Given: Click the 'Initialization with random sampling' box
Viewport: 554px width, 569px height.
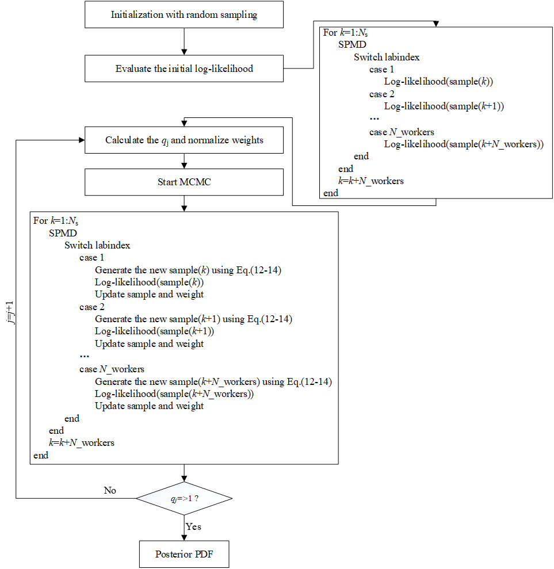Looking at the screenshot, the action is pos(184,14).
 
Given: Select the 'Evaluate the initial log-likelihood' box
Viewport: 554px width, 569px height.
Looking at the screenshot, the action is pos(184,68).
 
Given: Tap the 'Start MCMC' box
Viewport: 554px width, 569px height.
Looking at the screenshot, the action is pos(184,182).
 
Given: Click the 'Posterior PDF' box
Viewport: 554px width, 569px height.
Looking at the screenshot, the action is pos(184,554).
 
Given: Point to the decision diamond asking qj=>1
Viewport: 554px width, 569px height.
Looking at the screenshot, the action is pos(184,498).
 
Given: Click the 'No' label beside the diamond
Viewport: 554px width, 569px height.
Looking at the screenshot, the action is pos(110,490).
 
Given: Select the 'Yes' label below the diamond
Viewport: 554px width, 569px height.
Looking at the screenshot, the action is pos(193,526).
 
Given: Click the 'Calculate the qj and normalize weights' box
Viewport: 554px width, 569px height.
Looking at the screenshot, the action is pos(184,140).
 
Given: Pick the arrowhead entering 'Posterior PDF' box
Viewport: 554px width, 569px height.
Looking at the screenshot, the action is pos(184,537).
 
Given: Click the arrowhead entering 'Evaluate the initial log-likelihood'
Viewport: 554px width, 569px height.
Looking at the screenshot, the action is pos(184,52).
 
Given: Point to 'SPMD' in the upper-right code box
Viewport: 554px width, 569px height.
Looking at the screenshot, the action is pos(352,45).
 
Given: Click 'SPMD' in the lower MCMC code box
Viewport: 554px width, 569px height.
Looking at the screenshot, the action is pos(63,233).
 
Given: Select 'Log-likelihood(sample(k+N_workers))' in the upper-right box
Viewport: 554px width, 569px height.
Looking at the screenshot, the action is pos(464,144).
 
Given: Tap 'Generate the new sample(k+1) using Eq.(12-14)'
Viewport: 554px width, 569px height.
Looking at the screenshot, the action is pos(193,319).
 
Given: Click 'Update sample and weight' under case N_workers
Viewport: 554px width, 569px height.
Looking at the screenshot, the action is pos(149,406).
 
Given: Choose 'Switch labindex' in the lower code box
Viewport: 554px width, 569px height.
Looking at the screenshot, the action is pos(97,245).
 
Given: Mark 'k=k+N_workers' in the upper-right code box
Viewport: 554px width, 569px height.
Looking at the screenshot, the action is pos(371,181).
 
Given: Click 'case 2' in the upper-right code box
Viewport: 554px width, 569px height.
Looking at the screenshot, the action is pos(381,94).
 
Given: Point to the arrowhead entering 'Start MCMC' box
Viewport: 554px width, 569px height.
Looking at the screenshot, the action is pos(184,166).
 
